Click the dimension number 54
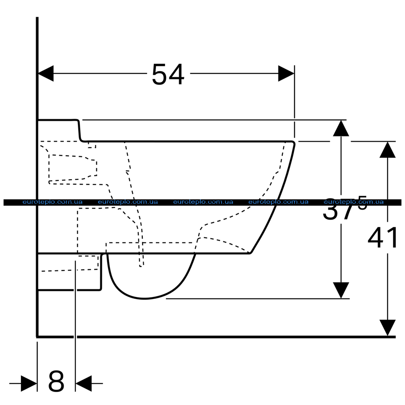[168, 74]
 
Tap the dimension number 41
[382, 238]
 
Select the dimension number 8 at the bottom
[56, 381]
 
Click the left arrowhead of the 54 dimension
[46, 73]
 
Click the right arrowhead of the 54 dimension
[286, 73]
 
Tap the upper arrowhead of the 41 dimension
[388, 150]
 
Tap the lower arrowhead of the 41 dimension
[388, 327]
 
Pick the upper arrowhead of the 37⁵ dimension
[341, 128]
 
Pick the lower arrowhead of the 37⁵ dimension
[341, 290]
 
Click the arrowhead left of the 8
[29, 383]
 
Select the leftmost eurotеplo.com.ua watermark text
[53, 202]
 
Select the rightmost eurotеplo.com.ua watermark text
[354, 202]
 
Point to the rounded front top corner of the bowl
[293, 143]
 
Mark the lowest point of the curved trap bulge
[145, 299]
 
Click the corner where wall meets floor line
[38, 337]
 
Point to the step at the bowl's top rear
[79, 131]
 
